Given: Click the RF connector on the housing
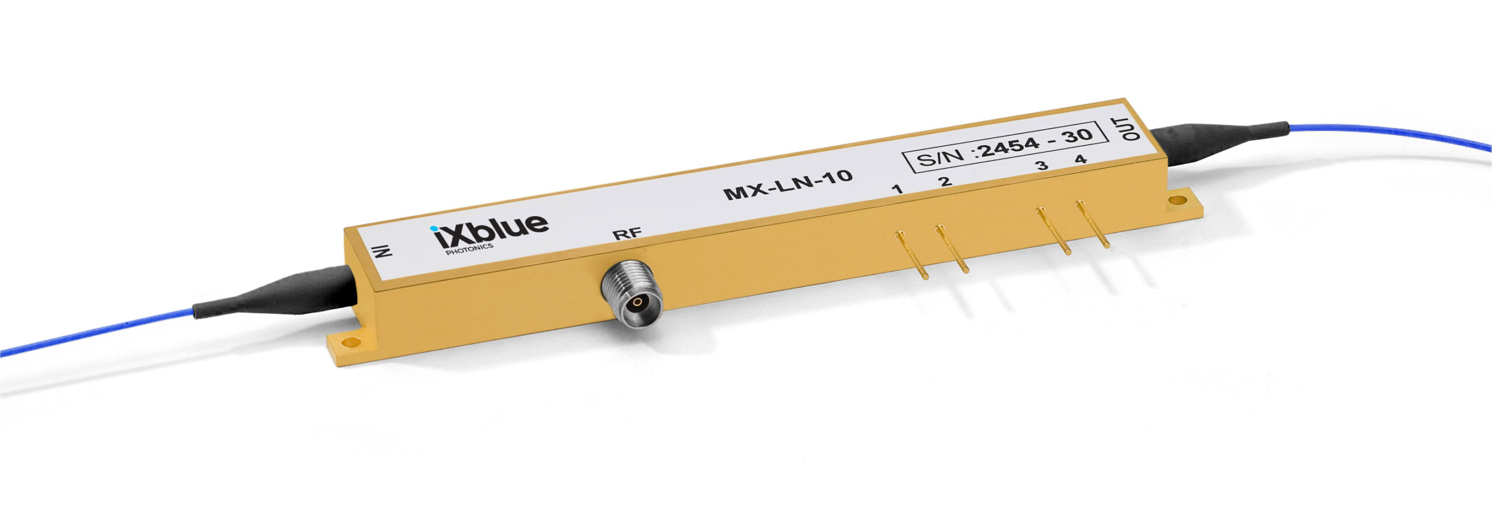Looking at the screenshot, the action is pyautogui.click(x=632, y=294).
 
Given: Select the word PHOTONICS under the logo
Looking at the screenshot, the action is pyautogui.click(x=469, y=249).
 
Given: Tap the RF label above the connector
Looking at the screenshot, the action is pyautogui.click(x=627, y=234).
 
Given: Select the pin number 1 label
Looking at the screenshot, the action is pyautogui.click(x=898, y=188).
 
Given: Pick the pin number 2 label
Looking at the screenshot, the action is pyautogui.click(x=945, y=181).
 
